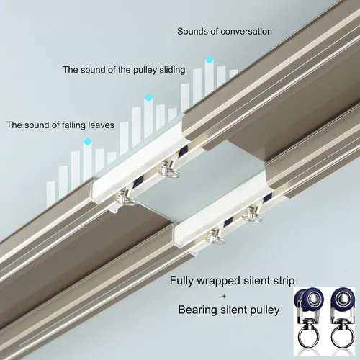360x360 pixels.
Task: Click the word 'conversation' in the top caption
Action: pos(246,32)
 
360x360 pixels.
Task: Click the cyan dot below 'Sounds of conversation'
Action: pos(210,60)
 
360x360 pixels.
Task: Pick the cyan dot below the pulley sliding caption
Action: pos(148,97)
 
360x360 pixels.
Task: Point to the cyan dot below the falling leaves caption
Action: pos(87,142)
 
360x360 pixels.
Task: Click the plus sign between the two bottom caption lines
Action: pos(224,296)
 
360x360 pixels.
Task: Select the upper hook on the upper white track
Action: pos(168,168)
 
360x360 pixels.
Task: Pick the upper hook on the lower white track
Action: pos(253,213)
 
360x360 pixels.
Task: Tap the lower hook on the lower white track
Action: pos(216,236)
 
